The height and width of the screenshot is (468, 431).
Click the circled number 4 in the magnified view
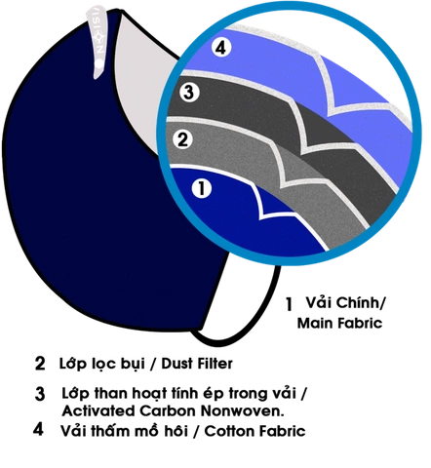tap(221, 48)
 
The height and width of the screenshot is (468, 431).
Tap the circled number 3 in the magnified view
tap(189, 93)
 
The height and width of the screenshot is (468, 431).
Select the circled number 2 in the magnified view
tap(182, 139)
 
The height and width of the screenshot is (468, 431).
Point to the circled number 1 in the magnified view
tap(202, 188)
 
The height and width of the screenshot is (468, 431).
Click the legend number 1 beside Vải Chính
tap(289, 304)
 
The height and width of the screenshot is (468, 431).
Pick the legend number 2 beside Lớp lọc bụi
tap(40, 364)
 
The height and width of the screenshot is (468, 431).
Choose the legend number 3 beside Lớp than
tap(40, 394)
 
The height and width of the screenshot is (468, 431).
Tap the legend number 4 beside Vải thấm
tap(38, 429)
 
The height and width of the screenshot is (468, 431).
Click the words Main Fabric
tap(339, 323)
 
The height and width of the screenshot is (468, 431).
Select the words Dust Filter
tap(197, 364)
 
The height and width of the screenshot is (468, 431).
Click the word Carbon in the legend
tap(168, 411)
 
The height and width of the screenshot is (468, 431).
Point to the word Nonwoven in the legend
tap(242, 411)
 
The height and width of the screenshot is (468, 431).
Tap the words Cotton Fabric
tap(255, 431)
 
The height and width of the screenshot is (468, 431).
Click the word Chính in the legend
tap(358, 303)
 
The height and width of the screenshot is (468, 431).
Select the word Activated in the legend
tap(98, 411)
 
